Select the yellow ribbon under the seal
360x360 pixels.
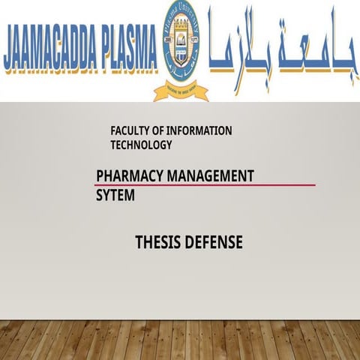pyautogui.click(x=181, y=91)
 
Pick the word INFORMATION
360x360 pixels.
pyautogui.click(x=202, y=131)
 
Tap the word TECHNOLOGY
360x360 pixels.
pyautogui.click(x=141, y=145)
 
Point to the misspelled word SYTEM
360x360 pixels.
pyautogui.click(x=115, y=196)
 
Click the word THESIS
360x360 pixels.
pyautogui.click(x=157, y=243)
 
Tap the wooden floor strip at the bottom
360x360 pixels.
pyautogui.click(x=180, y=340)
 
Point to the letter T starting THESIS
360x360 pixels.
pyautogui.click(x=139, y=243)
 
